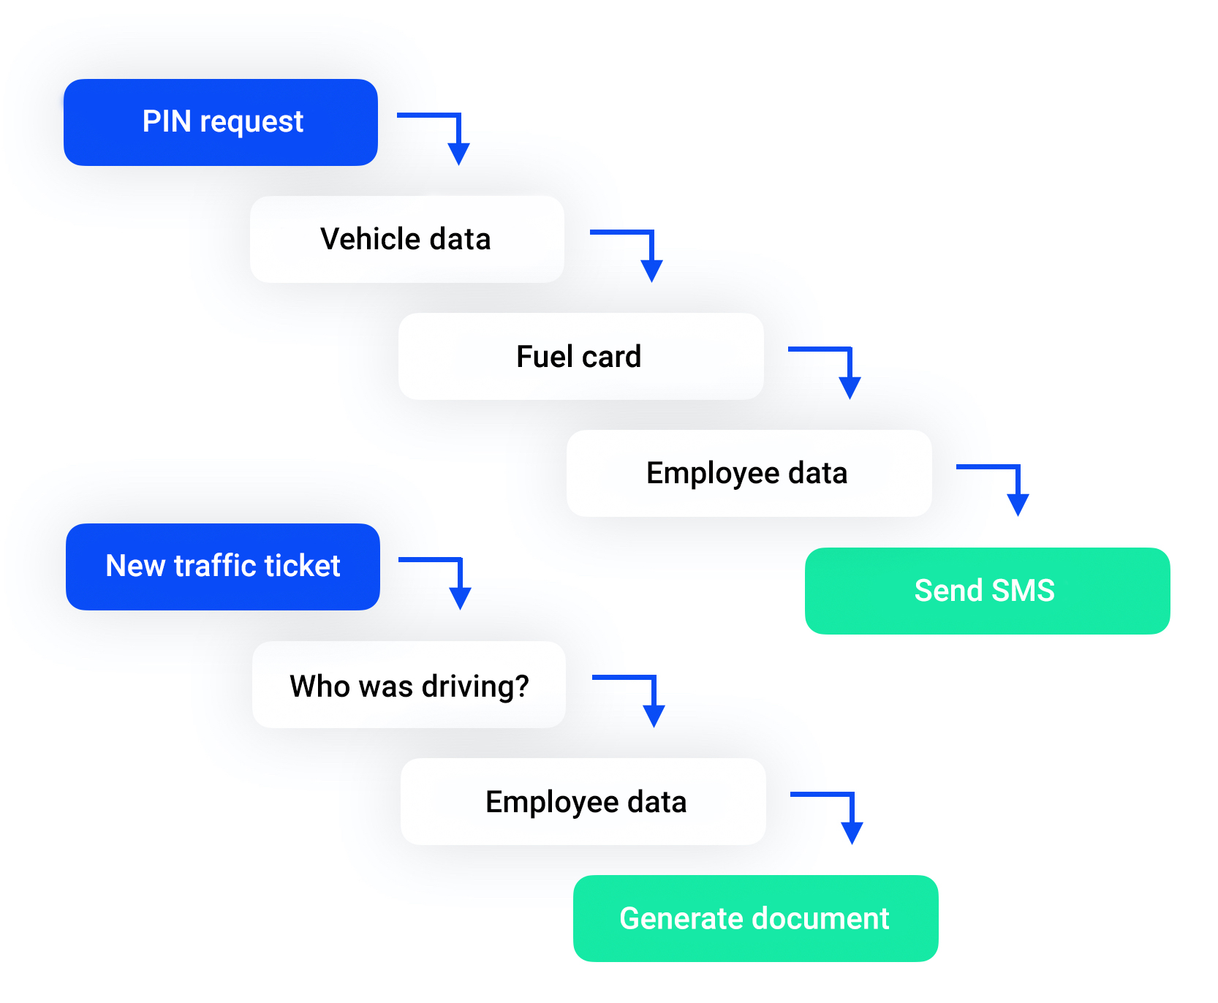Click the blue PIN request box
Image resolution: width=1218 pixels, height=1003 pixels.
pos(220,122)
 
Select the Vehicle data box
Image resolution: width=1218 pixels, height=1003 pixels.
pos(406,239)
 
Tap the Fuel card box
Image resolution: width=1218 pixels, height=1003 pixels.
pos(580,356)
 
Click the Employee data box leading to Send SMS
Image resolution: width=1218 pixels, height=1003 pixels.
pos(749,473)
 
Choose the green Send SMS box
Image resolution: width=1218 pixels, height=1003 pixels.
pos(986,591)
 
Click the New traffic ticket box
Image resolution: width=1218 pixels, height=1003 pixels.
pos(222,567)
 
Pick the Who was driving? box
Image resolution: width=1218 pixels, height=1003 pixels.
pos(409,685)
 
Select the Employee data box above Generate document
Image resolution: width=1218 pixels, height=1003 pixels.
pos(583,802)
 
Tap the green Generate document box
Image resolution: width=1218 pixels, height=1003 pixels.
pos(755,918)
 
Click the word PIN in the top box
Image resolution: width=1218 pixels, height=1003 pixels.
pos(167,121)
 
